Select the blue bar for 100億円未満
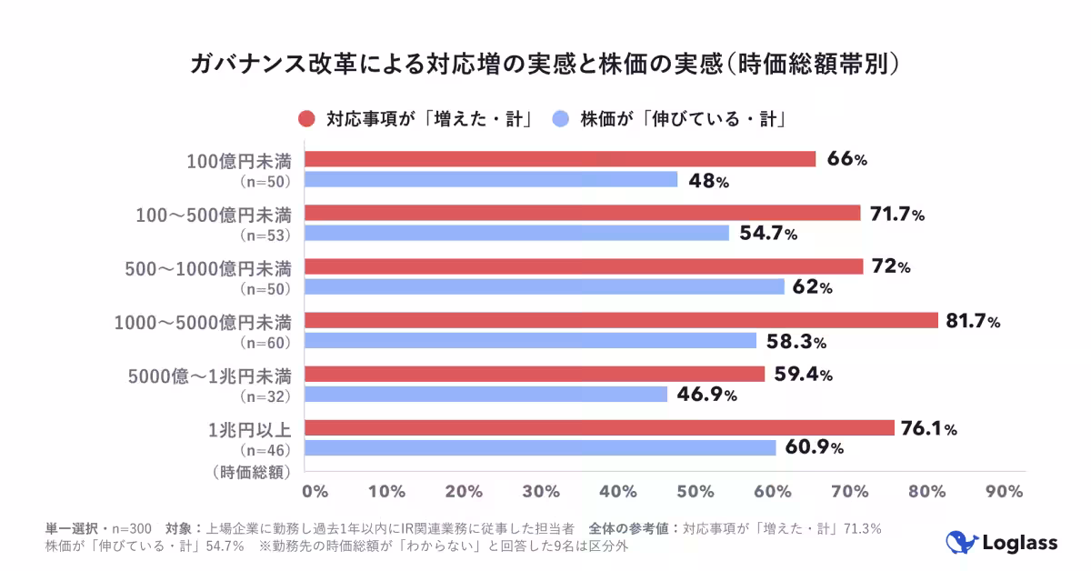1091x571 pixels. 491,180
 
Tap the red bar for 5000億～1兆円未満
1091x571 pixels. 535,375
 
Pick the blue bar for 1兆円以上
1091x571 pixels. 540,447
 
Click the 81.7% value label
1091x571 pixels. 973,321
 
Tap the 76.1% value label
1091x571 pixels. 928,429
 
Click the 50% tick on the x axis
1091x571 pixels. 696,492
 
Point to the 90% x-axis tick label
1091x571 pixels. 1005,492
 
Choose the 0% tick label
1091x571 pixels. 315,492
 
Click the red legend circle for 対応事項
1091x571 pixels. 306,119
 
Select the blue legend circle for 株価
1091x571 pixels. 561,119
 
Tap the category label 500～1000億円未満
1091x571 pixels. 208,268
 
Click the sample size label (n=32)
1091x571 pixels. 265,396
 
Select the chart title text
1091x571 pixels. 545,65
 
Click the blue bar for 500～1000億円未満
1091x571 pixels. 544,287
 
